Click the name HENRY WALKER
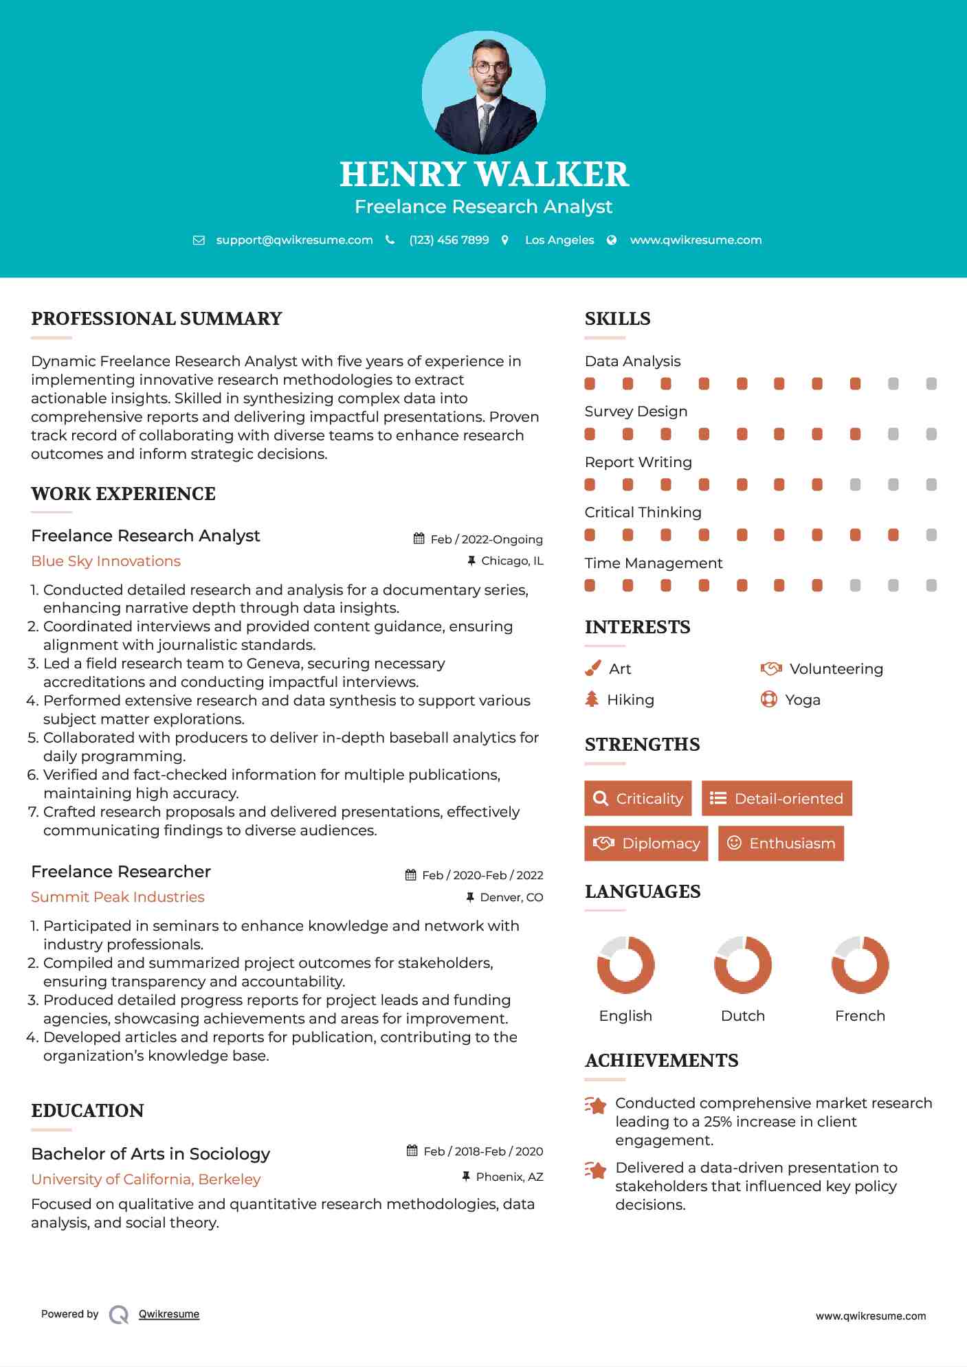484,174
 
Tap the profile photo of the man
484,93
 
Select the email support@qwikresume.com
294,240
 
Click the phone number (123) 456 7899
449,240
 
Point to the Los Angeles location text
559,240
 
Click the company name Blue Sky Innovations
106,561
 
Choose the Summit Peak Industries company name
118,897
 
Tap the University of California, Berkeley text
146,1179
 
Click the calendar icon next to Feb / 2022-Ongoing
419,539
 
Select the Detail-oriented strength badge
777,798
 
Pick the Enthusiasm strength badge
781,844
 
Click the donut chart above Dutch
743,964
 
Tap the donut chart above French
860,964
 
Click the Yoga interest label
803,700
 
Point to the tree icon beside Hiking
592,699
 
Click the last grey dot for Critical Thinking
931,535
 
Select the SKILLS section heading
617,319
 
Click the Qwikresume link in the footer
169,1314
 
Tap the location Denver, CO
511,897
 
